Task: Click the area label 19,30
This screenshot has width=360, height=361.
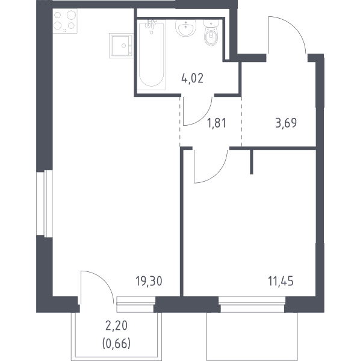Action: (x=149, y=282)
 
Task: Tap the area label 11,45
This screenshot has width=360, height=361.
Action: (x=281, y=282)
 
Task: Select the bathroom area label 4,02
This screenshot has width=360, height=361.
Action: (x=192, y=78)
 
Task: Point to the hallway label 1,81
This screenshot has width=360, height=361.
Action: (x=217, y=123)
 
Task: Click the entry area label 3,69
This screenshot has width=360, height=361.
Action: (x=286, y=123)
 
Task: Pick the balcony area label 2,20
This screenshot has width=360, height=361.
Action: (x=116, y=326)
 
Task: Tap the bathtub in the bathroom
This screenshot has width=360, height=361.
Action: (x=152, y=55)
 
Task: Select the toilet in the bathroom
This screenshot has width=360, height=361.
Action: (x=211, y=32)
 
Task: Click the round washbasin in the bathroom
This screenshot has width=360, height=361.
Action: (x=185, y=28)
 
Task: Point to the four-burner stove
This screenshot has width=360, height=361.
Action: (x=65, y=21)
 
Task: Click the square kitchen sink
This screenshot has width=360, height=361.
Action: (x=122, y=46)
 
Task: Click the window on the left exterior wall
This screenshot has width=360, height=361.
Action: (x=45, y=203)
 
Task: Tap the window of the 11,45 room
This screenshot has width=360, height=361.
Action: (x=252, y=304)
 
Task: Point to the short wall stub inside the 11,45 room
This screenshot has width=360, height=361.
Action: (x=252, y=162)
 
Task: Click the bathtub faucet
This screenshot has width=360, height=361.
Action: (x=151, y=24)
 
